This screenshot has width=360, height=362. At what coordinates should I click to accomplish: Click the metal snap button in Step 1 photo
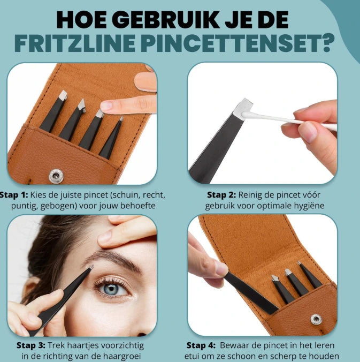click(54, 175)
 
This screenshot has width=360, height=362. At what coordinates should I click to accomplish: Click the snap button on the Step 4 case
click(316, 319)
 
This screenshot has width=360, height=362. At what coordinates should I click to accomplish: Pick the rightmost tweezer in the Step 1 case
click(112, 138)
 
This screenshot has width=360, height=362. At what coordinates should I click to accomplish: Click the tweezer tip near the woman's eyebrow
click(90, 268)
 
